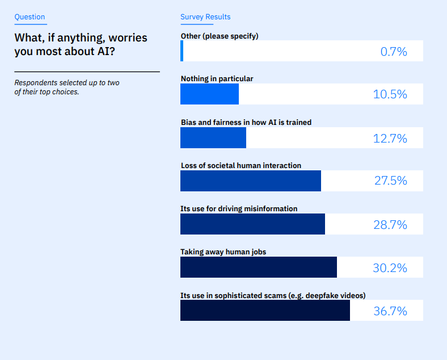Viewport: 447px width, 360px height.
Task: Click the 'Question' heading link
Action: [29, 17]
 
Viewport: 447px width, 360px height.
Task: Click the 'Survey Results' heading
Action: [205, 17]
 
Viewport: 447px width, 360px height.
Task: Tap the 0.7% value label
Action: [394, 52]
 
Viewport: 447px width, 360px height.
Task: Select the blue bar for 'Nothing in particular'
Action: [209, 94]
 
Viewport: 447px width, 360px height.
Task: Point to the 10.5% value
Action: [390, 95]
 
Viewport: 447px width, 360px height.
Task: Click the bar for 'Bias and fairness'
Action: [213, 138]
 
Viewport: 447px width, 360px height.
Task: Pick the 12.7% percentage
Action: [390, 138]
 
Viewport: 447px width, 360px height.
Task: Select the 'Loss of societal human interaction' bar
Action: [250, 181]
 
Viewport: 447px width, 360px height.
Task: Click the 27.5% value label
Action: [390, 181]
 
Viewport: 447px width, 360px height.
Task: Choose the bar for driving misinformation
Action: [252, 224]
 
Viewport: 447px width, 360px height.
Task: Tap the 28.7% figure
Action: [390, 224]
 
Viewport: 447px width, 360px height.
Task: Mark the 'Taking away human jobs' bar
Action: [258, 267]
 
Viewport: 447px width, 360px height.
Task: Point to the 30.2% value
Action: [390, 267]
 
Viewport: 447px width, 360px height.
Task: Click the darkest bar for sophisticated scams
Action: [265, 311]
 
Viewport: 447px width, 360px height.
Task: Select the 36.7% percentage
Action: [390, 311]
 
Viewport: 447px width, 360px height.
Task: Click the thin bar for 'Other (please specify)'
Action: [182, 51]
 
